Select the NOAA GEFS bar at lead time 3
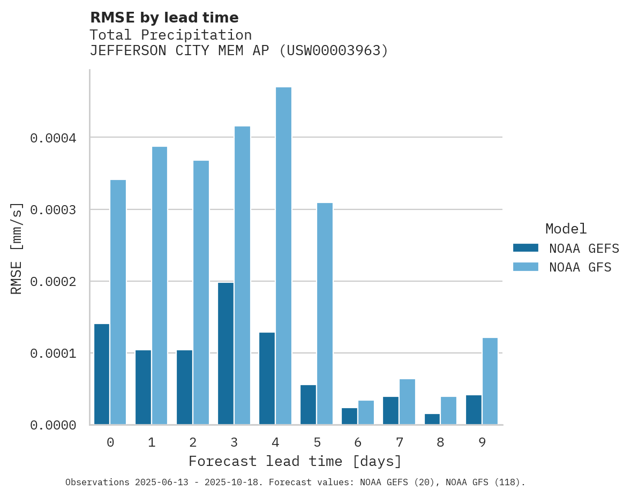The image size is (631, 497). [226, 353]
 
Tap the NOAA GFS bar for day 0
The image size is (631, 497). [118, 302]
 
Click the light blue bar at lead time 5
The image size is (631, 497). [325, 314]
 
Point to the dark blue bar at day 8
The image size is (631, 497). [432, 419]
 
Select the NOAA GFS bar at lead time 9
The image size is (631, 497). [490, 381]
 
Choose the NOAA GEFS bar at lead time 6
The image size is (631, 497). [349, 416]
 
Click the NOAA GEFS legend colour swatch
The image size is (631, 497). [525, 248]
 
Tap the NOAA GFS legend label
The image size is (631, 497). [580, 267]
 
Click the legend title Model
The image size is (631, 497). [566, 229]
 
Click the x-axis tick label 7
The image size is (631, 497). [400, 442]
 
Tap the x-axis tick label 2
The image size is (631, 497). [193, 442]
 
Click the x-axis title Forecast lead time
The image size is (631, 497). [295, 461]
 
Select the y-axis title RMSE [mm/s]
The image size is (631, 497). [17, 248]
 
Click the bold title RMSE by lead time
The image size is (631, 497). [164, 18]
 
